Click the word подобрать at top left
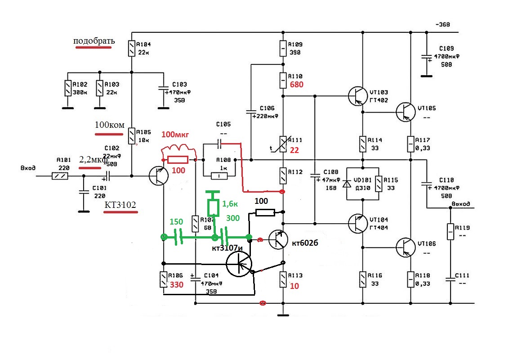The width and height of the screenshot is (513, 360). click(x=94, y=41)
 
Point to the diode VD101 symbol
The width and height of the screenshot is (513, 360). click(x=347, y=184)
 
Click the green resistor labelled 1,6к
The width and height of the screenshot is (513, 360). click(x=213, y=207)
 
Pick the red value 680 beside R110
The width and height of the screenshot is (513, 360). click(x=297, y=85)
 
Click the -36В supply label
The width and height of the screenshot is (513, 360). click(x=442, y=24)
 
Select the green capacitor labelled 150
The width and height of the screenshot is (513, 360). click(x=179, y=236)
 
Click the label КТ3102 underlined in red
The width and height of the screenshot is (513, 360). click(x=120, y=205)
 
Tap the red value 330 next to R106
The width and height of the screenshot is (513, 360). click(x=176, y=284)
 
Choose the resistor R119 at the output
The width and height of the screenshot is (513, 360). click(x=450, y=231)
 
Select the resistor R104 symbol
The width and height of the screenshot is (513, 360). click(x=131, y=49)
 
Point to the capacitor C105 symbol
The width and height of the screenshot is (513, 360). click(x=219, y=144)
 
